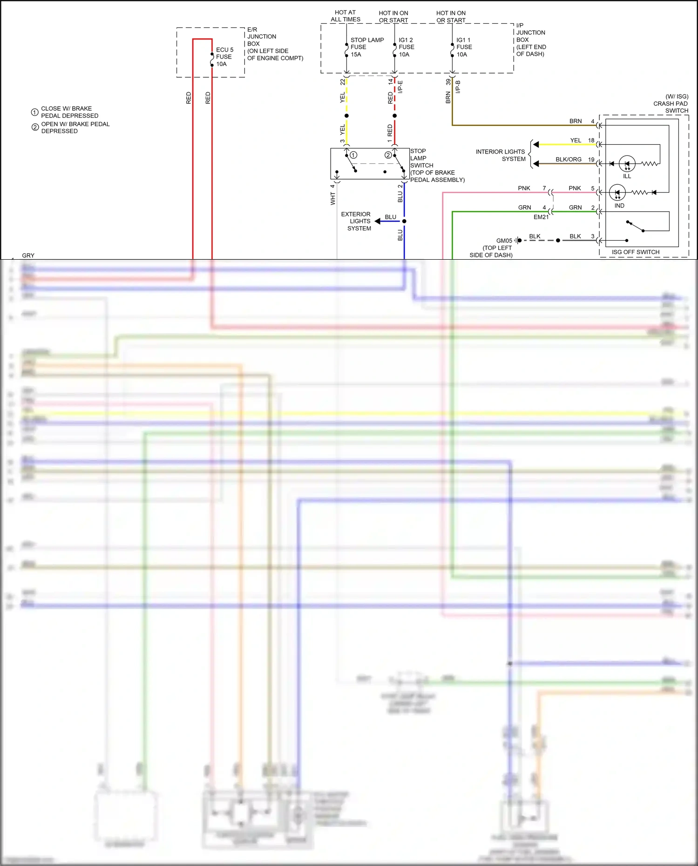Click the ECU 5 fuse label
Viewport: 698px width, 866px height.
tap(224, 57)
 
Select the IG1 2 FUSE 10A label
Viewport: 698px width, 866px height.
tap(406, 47)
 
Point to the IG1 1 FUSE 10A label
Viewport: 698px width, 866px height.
tap(464, 47)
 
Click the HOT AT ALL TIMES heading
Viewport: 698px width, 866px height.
tap(345, 16)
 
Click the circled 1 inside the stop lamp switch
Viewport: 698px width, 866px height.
tap(353, 155)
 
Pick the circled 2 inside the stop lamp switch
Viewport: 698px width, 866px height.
tap(388, 155)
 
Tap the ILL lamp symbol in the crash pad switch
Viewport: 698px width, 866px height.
tap(627, 164)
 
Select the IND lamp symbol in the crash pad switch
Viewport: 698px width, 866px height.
tap(617, 193)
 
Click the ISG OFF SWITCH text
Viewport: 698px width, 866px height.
tap(635, 252)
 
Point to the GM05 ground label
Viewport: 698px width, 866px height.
tap(504, 241)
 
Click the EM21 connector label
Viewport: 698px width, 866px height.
tap(541, 217)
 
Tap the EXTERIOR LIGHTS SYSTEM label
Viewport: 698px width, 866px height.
tap(357, 222)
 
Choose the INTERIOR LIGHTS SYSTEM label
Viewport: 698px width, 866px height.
tap(501, 155)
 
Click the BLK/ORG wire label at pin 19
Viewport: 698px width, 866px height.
tap(568, 160)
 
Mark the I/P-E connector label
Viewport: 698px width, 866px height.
tap(400, 87)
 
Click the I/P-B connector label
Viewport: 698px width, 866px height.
tap(458, 87)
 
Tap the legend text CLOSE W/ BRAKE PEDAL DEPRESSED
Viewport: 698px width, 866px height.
tap(69, 112)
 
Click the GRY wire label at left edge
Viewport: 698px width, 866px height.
tap(28, 255)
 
